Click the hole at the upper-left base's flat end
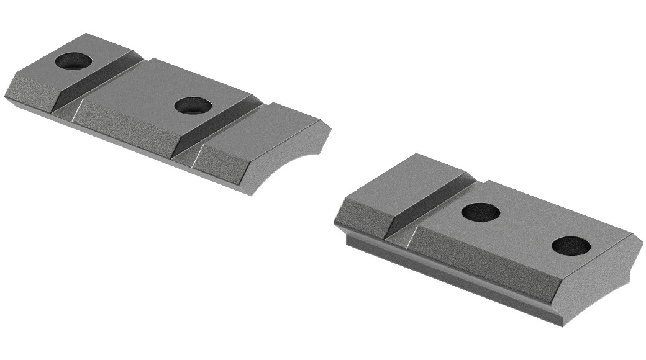click(x=73, y=61)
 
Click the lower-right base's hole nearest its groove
click(x=481, y=212)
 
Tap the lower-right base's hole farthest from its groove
click(x=571, y=246)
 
